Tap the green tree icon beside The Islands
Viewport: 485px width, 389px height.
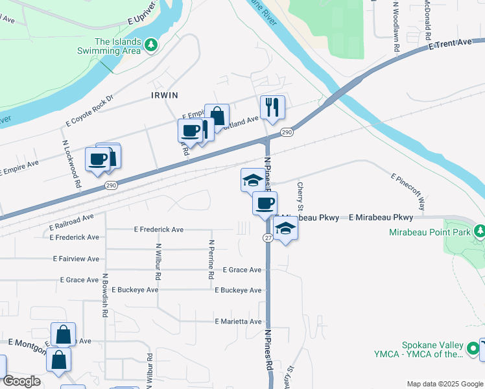pyautogui.click(x=151, y=45)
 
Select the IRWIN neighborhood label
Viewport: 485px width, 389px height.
pyautogui.click(x=164, y=95)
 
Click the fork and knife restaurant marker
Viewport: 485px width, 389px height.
pyautogui.click(x=272, y=107)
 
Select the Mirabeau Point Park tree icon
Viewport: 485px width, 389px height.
pyautogui.click(x=479, y=231)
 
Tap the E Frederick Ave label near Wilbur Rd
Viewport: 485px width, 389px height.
pyautogui.click(x=159, y=230)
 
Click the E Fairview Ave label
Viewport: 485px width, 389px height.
pyautogui.click(x=77, y=259)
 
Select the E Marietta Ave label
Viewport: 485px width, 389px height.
pyautogui.click(x=238, y=322)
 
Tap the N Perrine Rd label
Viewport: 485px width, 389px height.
pyautogui.click(x=211, y=259)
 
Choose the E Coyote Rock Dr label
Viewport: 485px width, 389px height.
pyautogui.click(x=89, y=111)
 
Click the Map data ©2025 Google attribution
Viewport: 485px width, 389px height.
pyautogui.click(x=444, y=384)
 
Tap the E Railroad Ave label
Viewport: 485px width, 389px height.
pyautogui.click(x=72, y=222)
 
